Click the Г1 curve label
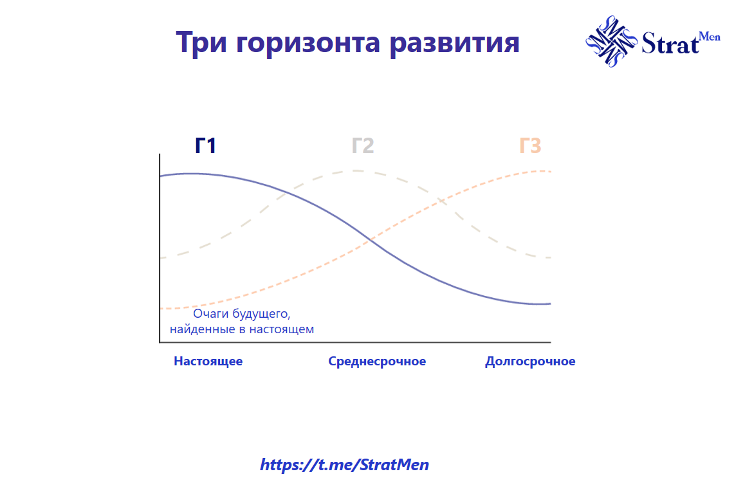pos(205,146)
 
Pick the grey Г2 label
pos(363,146)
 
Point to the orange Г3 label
pos(530,146)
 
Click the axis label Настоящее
pos(208,361)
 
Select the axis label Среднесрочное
pos(377,361)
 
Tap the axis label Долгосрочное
pos(530,361)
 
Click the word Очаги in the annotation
pos(210,315)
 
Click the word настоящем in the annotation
pos(281,329)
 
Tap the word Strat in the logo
pos(669,44)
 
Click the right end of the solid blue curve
pos(550,304)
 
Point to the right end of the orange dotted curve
pos(550,171)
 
